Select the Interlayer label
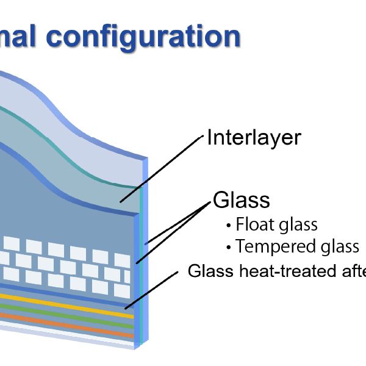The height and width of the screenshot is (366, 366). tap(254, 137)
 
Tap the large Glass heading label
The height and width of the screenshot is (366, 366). tap(242, 199)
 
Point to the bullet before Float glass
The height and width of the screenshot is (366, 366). tap(229, 226)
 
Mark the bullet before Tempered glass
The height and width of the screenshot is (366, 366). tap(229, 248)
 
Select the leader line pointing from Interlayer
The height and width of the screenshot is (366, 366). tap(162, 169)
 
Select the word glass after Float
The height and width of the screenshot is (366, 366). tap(297, 225)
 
